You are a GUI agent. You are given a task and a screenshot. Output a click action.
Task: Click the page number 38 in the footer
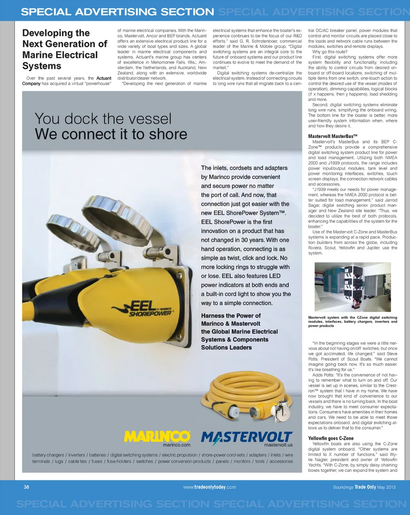point(26,487)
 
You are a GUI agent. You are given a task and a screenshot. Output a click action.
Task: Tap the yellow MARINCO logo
point(157,436)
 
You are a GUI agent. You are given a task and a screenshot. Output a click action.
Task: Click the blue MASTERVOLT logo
point(247,438)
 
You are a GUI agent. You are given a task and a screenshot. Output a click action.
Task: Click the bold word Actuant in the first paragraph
point(104,78)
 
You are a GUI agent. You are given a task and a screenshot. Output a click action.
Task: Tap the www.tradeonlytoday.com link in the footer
point(210,487)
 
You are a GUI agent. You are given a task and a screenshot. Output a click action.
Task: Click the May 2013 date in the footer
point(387,487)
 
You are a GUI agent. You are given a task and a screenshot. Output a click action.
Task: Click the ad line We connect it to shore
point(111,134)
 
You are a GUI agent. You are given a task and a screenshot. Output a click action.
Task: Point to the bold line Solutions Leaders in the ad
point(226,347)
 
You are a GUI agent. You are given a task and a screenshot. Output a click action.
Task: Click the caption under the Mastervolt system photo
point(352,321)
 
